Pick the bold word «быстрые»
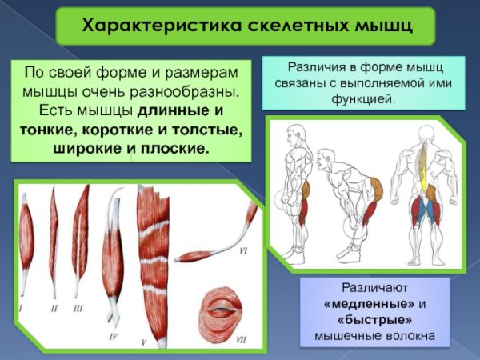368,319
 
